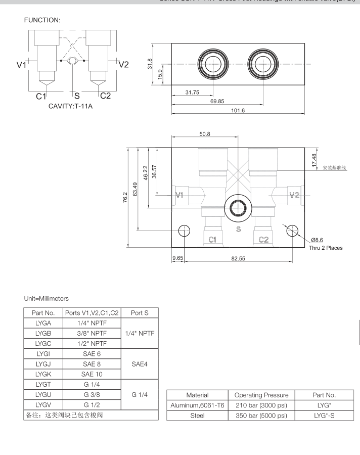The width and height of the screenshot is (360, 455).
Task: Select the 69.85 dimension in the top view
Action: [x=217, y=102]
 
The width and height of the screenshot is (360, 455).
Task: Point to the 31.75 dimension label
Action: [x=192, y=93]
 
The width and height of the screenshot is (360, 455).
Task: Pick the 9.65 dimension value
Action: [x=177, y=258]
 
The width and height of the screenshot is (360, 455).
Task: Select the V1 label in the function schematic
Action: [x=21, y=65]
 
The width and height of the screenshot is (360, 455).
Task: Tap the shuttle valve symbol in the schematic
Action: [x=74, y=61]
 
